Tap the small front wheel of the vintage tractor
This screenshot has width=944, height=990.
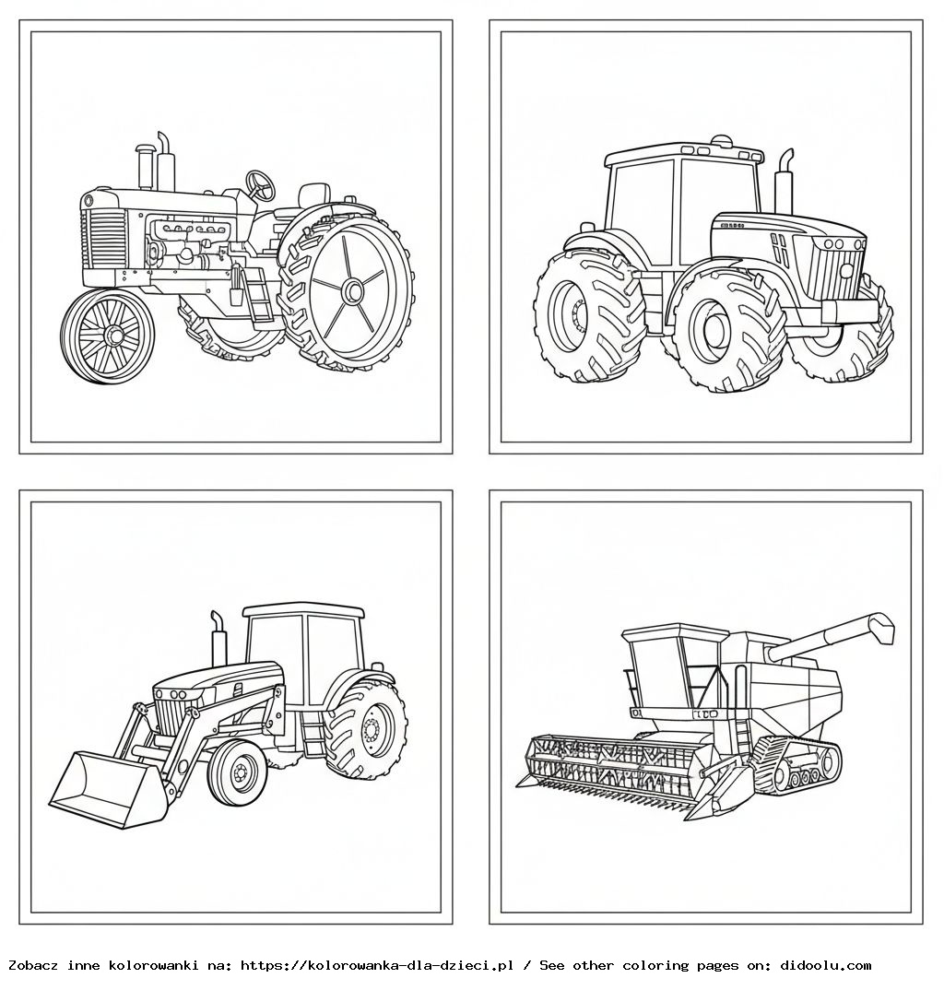point(108,336)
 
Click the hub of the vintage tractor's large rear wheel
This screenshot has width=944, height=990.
point(352,292)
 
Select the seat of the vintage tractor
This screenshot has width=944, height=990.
point(313,195)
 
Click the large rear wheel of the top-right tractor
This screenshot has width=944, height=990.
point(590,314)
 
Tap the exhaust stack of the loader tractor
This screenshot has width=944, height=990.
point(218,641)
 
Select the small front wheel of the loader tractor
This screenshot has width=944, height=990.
point(238,772)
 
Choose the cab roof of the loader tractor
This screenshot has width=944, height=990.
point(304,609)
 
